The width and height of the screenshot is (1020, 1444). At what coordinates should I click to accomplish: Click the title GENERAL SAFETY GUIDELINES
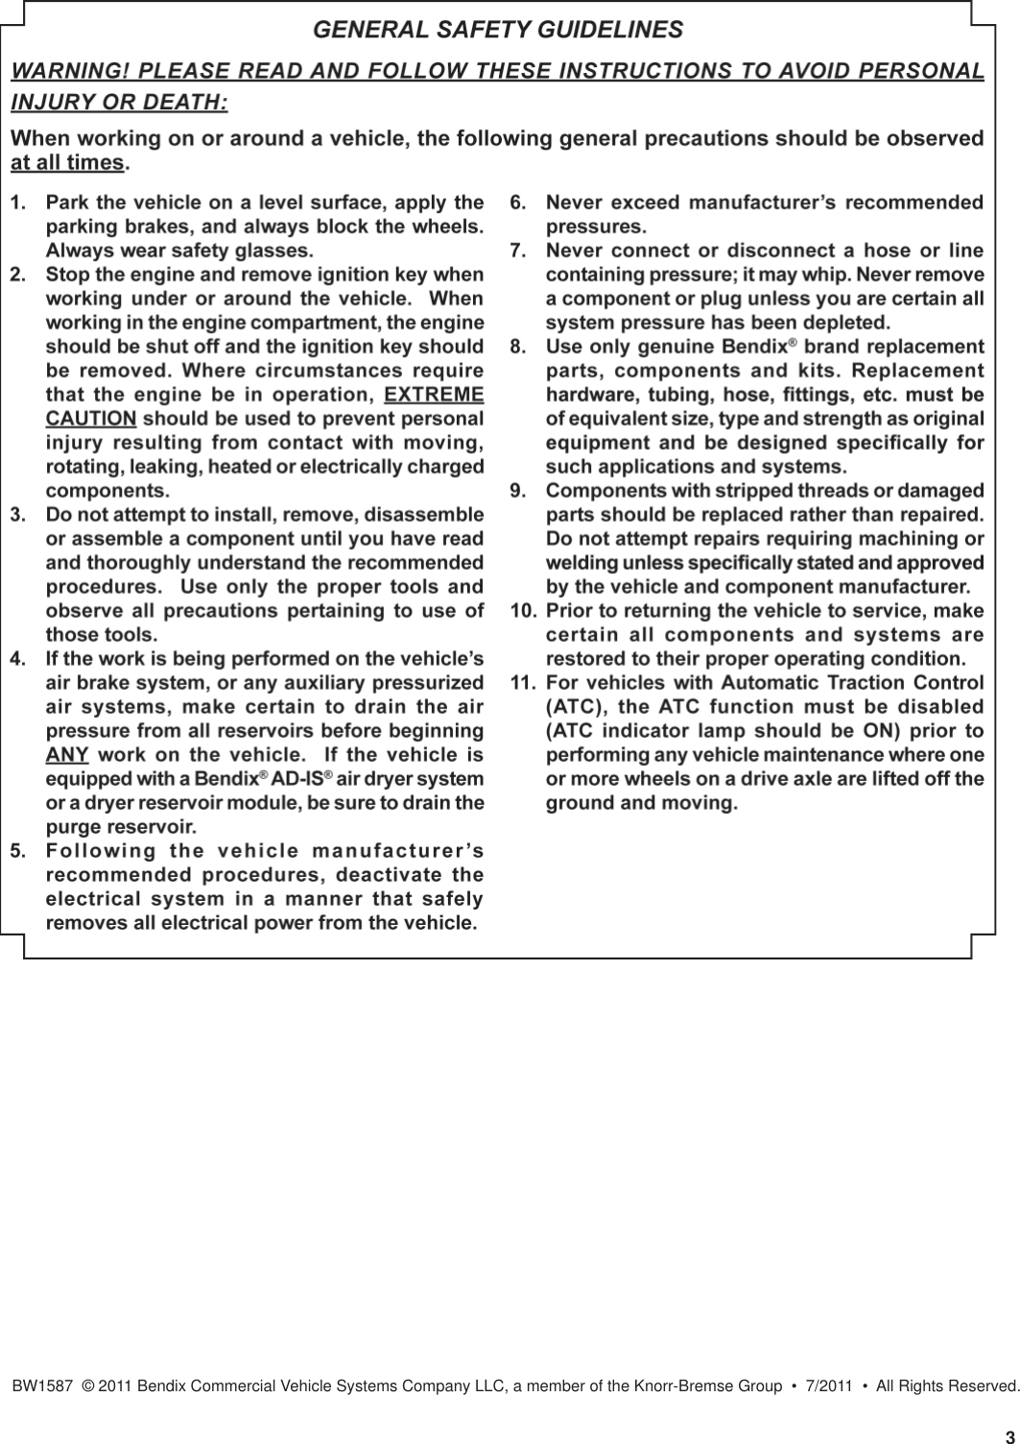pyautogui.click(x=498, y=30)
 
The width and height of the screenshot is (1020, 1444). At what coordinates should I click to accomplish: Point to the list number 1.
pyautogui.click(x=17, y=203)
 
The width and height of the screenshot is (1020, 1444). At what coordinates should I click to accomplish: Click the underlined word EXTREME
pyautogui.click(x=433, y=395)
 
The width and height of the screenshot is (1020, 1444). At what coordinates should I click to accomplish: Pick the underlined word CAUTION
pyautogui.click(x=91, y=419)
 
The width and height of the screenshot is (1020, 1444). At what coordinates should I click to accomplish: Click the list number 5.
pyautogui.click(x=17, y=851)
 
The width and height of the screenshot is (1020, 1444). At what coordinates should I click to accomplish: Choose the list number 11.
pyautogui.click(x=522, y=683)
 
